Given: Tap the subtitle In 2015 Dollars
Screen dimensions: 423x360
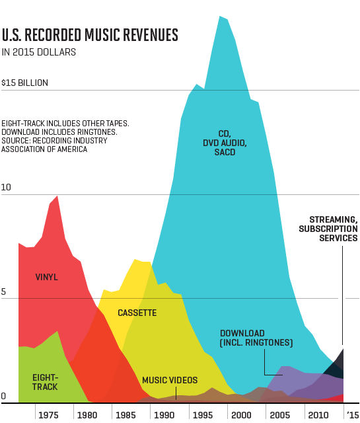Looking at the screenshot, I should (38, 52).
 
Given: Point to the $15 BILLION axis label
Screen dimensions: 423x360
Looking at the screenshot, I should (25, 83).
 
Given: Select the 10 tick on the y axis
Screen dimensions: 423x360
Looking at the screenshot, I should (7, 188).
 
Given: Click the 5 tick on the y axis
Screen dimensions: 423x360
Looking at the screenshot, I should (5, 291).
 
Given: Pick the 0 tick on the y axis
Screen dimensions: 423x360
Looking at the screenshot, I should (4, 397).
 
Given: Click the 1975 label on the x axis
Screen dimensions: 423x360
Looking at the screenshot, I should (48, 414).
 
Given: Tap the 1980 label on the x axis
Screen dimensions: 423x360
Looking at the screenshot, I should (86, 414).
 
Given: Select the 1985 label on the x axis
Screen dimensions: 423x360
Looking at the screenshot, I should (124, 414).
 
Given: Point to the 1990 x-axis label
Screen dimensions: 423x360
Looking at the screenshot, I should (162, 414).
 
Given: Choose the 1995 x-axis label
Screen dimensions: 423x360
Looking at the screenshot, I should (201, 414).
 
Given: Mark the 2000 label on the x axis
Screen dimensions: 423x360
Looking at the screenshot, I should (239, 414).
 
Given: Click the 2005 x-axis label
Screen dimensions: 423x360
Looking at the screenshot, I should (277, 414).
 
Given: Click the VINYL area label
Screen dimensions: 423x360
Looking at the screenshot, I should (46, 277).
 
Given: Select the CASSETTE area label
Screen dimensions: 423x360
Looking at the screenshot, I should (137, 312).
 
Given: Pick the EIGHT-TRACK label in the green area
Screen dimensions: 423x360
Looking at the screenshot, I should (46, 381).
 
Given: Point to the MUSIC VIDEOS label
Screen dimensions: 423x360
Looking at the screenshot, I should (170, 381).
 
